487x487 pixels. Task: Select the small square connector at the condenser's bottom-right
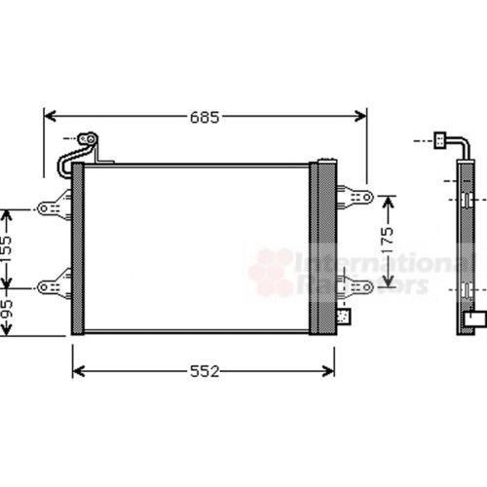(342, 314)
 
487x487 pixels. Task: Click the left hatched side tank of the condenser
(78, 248)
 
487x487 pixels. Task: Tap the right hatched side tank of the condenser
(322, 248)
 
